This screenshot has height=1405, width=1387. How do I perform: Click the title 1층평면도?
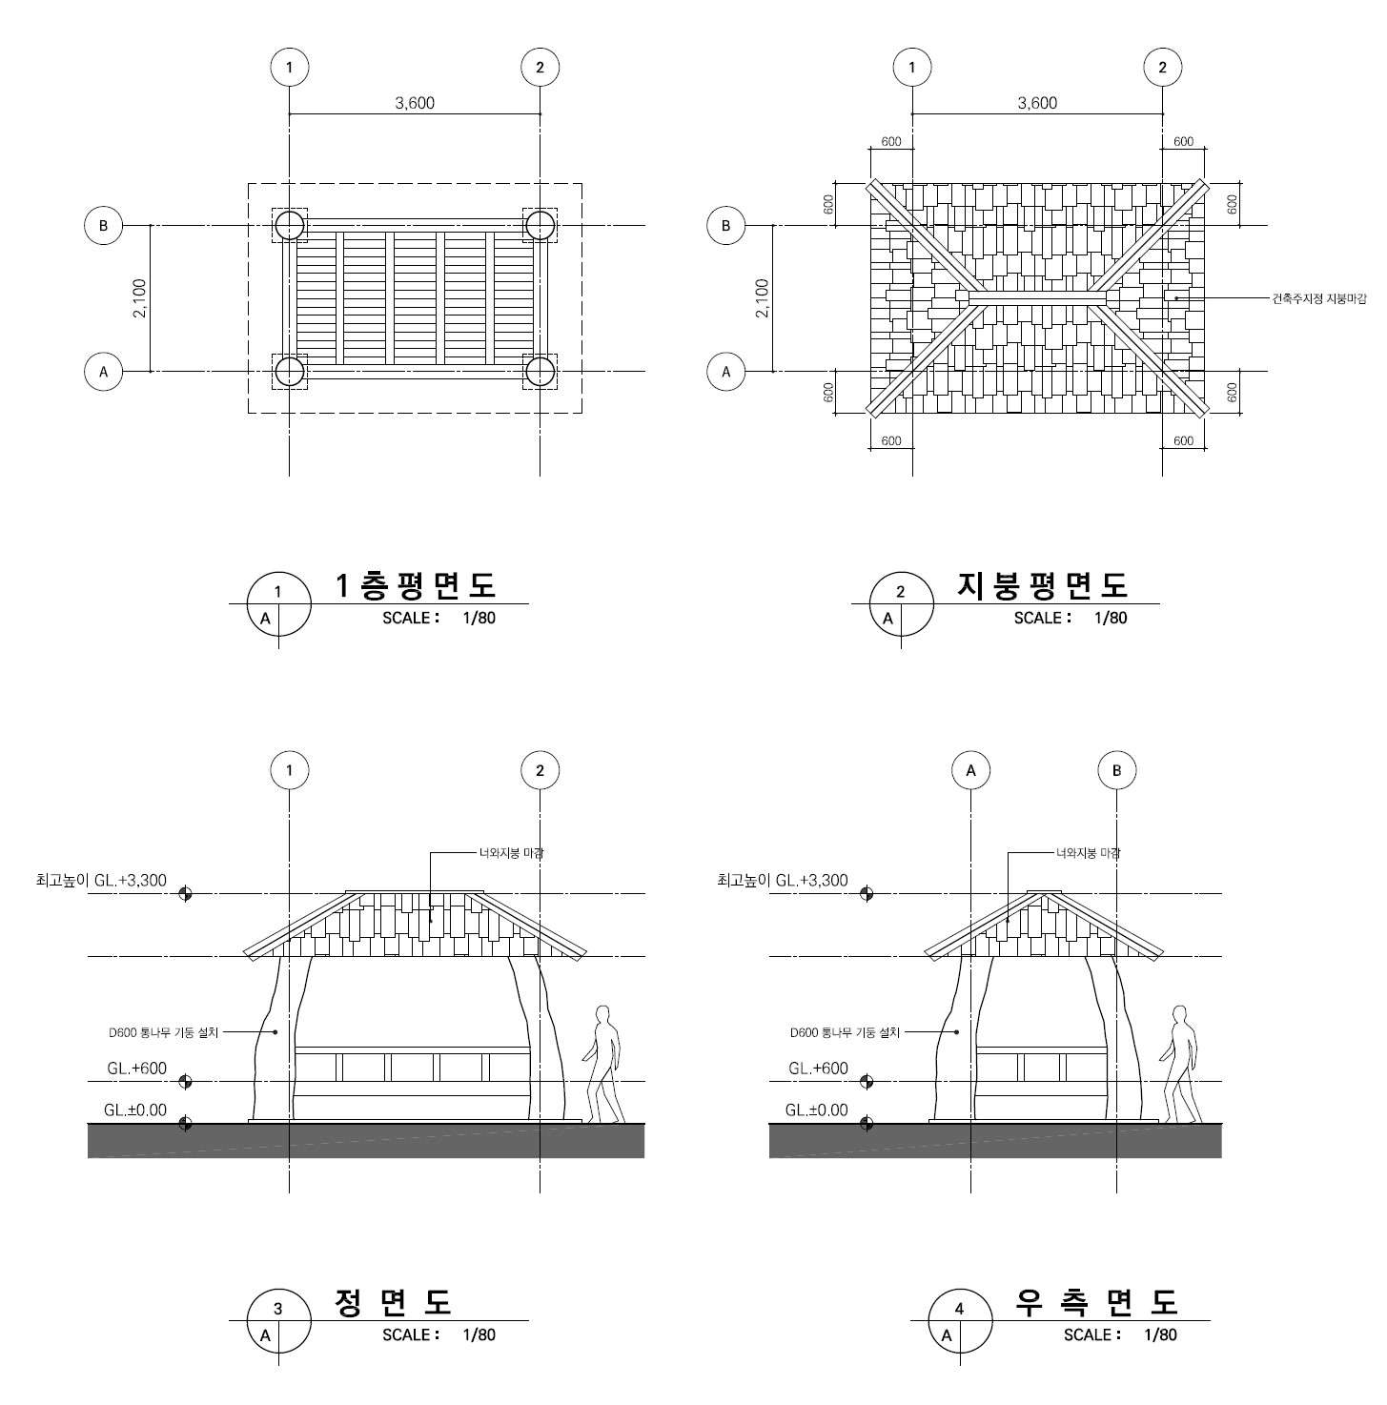[x=417, y=585]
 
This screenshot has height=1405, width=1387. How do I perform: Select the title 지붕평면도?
[x=1041, y=585]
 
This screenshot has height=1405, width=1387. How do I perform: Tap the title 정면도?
[x=393, y=1302]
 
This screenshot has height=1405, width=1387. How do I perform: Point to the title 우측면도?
[x=1097, y=1302]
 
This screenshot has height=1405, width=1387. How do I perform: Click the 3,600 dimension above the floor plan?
[x=415, y=103]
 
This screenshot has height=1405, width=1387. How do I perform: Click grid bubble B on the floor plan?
[x=103, y=226]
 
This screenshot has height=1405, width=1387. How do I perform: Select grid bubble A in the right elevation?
[x=970, y=770]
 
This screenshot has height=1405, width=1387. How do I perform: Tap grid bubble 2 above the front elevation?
[x=540, y=770]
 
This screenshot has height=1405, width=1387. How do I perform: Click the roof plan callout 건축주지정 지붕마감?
[x=1318, y=299]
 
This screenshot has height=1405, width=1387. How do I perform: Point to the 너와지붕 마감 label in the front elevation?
[x=511, y=853]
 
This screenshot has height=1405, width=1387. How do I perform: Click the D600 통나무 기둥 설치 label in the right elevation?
[x=844, y=1032]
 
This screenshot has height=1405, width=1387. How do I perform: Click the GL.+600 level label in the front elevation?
[x=136, y=1069]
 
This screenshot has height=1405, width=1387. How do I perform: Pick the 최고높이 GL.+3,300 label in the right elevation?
[x=782, y=881]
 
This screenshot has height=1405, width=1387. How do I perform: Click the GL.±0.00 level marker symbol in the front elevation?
[x=185, y=1124]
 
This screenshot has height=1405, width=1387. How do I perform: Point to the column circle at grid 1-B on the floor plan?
[x=290, y=226]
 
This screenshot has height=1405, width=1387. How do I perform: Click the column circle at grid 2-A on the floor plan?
[x=541, y=372]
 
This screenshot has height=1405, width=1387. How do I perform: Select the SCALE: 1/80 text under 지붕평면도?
[x=1070, y=618]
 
